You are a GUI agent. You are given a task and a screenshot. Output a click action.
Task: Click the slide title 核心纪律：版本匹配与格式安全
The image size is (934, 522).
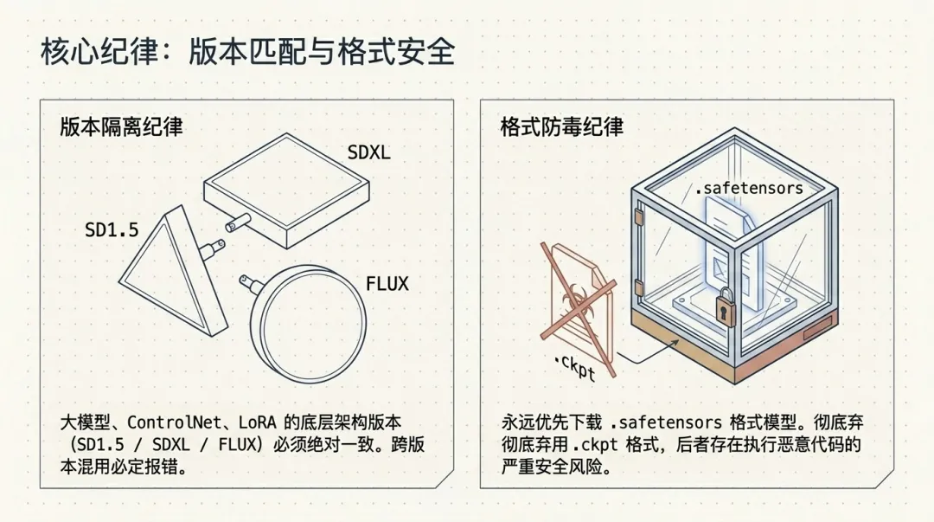[x=247, y=53]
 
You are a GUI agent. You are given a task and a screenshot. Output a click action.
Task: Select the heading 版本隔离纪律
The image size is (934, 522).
[x=121, y=126]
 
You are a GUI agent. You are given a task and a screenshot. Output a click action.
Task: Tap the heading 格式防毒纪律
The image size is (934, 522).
[x=561, y=126]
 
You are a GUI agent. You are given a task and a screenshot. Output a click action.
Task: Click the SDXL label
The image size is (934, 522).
[x=368, y=153]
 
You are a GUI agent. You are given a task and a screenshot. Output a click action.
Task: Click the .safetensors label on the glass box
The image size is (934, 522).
[x=749, y=188]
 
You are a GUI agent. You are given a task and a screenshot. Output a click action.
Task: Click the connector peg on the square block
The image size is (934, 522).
[x=233, y=222]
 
